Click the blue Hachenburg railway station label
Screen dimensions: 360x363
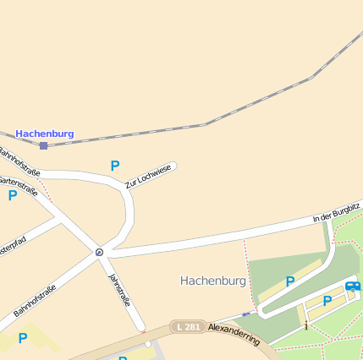(x=45, y=134)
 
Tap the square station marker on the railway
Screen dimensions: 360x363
(x=43, y=145)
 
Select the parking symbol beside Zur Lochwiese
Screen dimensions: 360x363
(x=115, y=166)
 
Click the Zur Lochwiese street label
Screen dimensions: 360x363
(x=148, y=177)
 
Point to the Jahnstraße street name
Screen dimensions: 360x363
(x=119, y=290)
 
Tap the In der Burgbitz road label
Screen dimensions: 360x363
(x=336, y=212)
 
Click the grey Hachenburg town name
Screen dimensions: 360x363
(x=213, y=281)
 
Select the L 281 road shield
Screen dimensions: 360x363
(x=187, y=326)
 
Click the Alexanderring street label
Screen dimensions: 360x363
(x=234, y=330)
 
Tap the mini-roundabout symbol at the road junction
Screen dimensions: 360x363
(x=99, y=252)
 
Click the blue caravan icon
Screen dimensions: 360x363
(x=353, y=286)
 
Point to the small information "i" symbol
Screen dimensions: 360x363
(x=305, y=324)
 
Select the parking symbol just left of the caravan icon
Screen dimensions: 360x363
(x=327, y=301)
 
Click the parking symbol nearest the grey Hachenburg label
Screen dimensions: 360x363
(x=290, y=281)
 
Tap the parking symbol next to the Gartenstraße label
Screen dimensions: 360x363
(x=13, y=195)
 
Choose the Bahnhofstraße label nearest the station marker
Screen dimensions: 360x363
(x=19, y=162)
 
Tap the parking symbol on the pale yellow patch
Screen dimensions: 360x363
(x=23, y=338)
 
